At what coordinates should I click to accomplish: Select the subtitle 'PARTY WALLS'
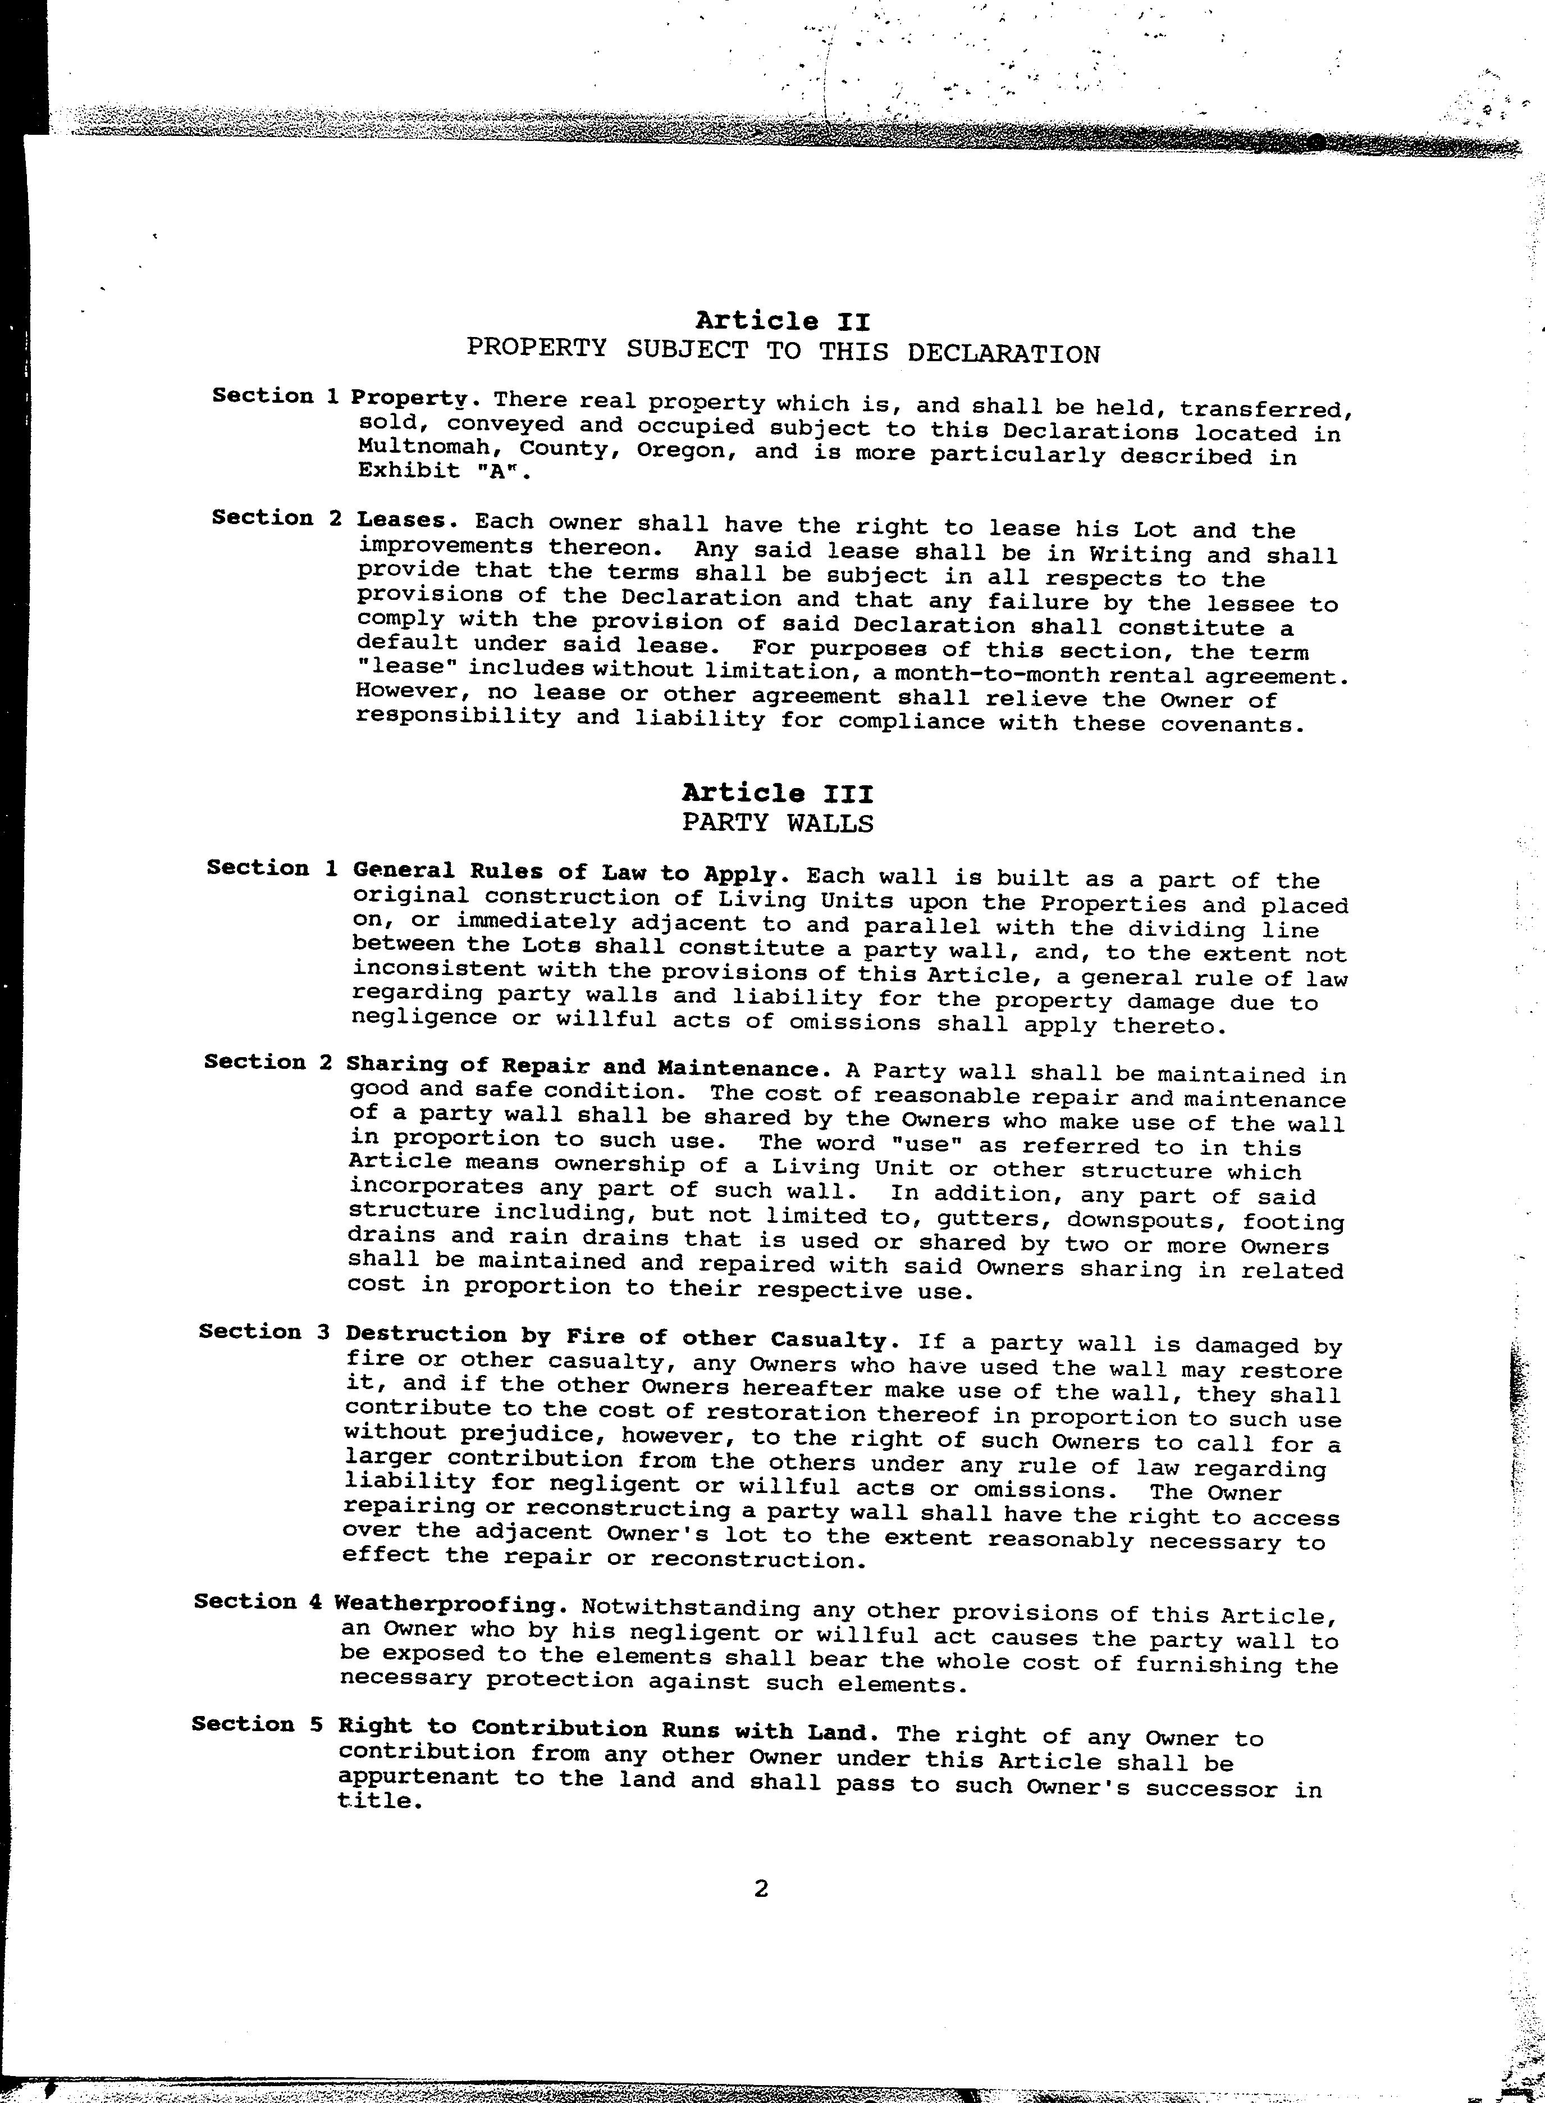pos(777,823)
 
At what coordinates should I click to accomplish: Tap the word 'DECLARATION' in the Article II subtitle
pos(1003,354)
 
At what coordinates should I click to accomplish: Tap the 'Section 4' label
pos(259,1601)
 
